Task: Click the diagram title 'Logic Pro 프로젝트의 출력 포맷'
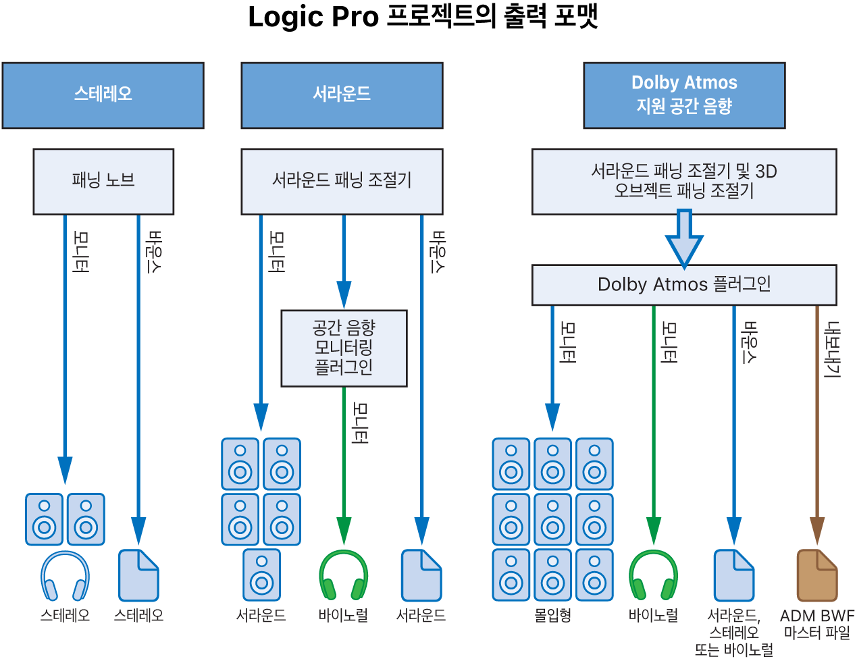423,18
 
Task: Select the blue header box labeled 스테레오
103,95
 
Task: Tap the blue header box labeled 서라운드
342,95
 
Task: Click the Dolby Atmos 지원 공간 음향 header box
684,95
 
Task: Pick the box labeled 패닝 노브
103,181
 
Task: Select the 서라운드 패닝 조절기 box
342,181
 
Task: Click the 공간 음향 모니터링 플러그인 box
344,348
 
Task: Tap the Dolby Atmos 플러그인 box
684,284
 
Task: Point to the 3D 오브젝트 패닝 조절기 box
684,181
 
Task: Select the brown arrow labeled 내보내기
817,419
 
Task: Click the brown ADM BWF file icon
817,575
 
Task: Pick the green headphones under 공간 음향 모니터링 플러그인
344,575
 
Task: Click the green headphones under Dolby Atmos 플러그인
653,575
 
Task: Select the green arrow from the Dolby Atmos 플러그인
653,419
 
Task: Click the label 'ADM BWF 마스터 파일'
817,624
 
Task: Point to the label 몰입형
552,615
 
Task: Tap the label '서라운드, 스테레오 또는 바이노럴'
734,633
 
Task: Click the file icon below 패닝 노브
138,575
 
